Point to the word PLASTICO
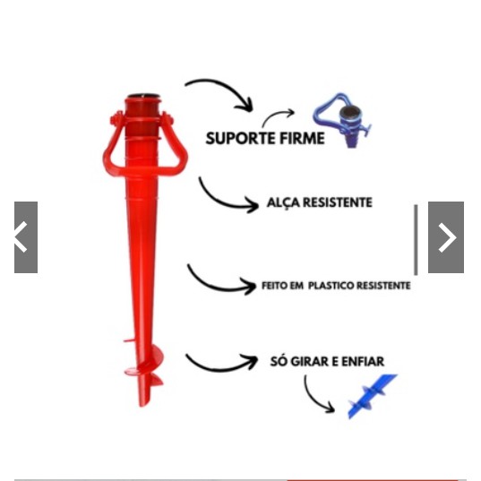point(331,286)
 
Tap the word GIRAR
point(310,361)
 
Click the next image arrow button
point(446,237)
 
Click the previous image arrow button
point(26,237)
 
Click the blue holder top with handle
point(343,120)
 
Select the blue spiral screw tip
point(372,396)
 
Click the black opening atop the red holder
point(143,96)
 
